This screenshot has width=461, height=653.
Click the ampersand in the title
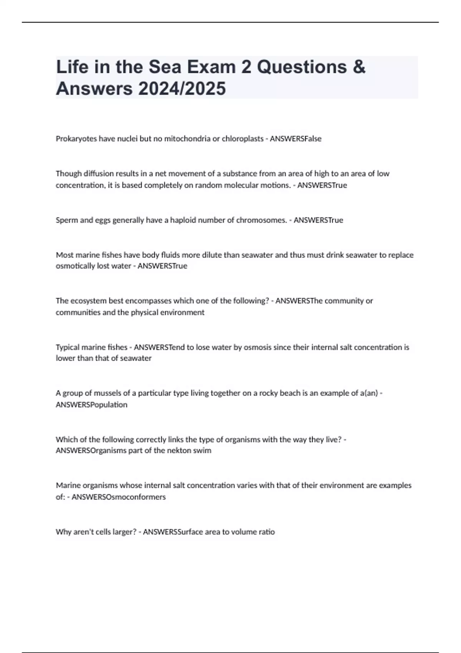coord(358,67)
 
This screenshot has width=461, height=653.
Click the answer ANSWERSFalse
coord(295,139)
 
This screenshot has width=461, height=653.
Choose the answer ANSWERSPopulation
coord(91,404)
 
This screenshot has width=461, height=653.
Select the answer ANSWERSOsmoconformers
coord(119,497)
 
